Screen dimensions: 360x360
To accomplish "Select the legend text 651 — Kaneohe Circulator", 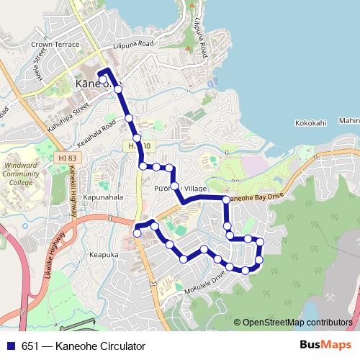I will click(x=78, y=346).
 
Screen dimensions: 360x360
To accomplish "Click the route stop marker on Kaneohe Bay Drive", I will click(x=226, y=199).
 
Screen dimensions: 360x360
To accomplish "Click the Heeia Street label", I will click(x=37, y=67).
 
